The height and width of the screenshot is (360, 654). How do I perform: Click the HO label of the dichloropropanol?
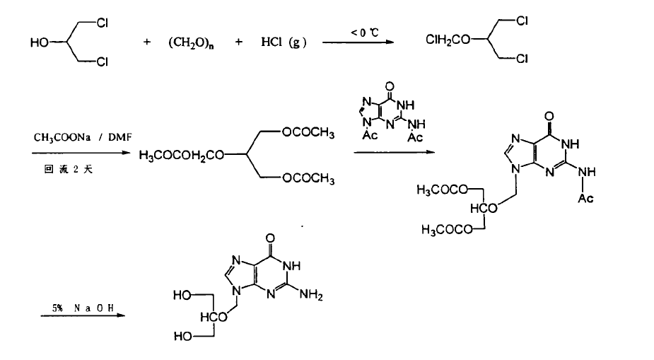[39, 43]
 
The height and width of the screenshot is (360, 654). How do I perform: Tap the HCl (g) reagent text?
[282, 42]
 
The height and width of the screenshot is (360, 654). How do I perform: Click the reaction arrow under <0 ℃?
[358, 43]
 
